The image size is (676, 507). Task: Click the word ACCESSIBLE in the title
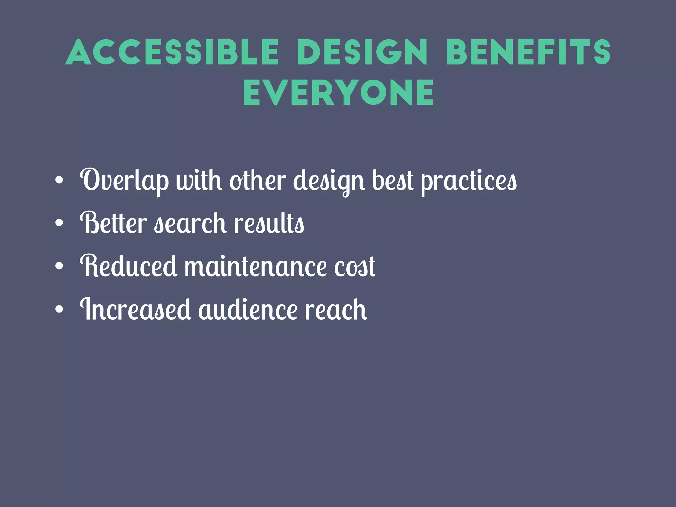[172, 52]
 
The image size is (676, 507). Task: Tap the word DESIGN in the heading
[362, 52]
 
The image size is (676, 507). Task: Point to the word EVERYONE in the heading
[338, 93]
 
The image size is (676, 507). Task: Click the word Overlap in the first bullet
[124, 181]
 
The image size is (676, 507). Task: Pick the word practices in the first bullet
[469, 181]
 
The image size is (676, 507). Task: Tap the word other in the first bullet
[257, 181]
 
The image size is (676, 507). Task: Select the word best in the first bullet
[392, 181]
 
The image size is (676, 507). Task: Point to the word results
[269, 223]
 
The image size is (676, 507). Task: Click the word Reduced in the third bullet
[128, 266]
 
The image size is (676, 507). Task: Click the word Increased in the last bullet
[135, 309]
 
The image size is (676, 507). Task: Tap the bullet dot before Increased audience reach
[59, 309]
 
